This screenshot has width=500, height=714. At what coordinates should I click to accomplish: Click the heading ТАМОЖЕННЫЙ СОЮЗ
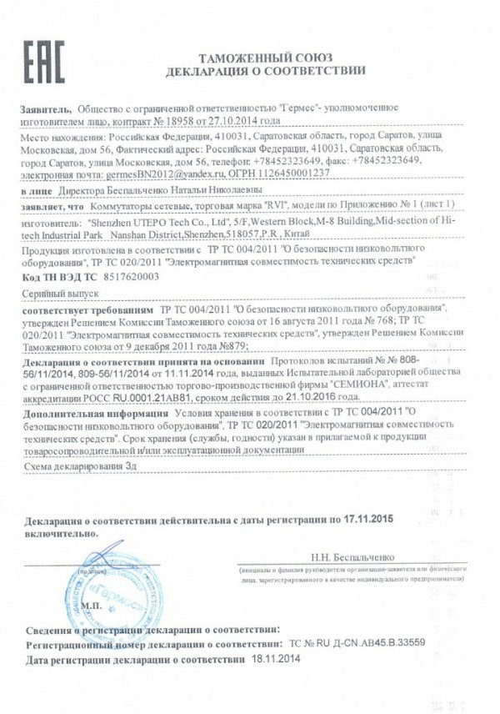point(265,57)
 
